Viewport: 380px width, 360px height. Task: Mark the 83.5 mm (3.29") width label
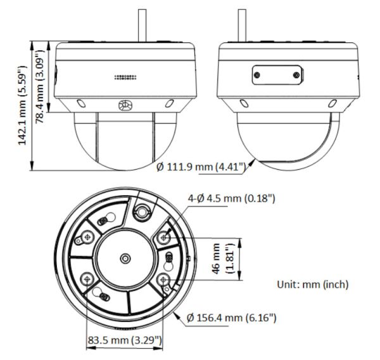(x=124, y=341)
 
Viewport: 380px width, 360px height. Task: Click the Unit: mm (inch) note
(x=313, y=285)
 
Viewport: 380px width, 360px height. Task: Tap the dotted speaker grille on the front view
(x=125, y=77)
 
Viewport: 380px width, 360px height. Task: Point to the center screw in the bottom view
(x=125, y=258)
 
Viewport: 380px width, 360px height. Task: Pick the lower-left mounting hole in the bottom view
(x=87, y=277)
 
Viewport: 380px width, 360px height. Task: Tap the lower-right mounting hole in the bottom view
(x=164, y=279)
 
